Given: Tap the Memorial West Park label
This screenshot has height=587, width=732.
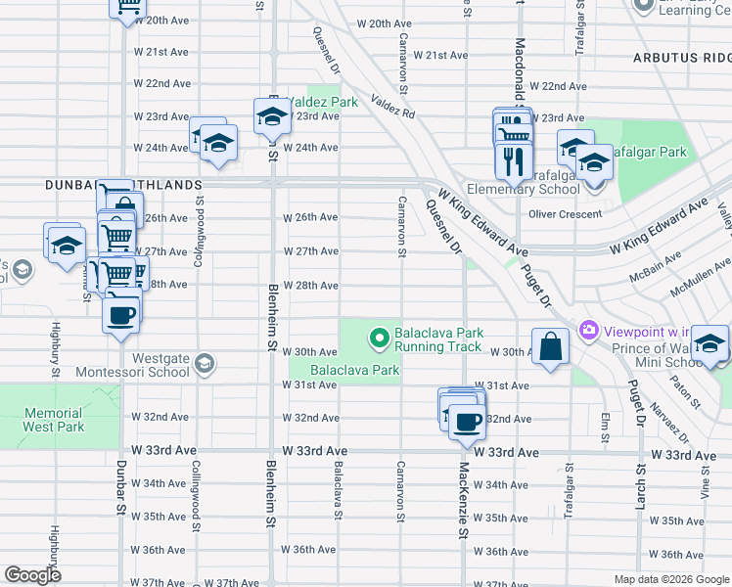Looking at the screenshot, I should coord(54,420).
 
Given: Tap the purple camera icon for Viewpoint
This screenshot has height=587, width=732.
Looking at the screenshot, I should coord(588,332).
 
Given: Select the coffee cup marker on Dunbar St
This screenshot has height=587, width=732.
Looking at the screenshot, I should coord(121,315).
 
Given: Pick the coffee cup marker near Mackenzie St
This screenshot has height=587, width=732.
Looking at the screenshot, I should coord(468,422).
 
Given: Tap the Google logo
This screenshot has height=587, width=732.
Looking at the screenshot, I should coord(32,574).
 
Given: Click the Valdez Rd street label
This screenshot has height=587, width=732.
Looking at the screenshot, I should coord(392,107).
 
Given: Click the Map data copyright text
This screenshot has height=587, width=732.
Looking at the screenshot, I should coord(670,578).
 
